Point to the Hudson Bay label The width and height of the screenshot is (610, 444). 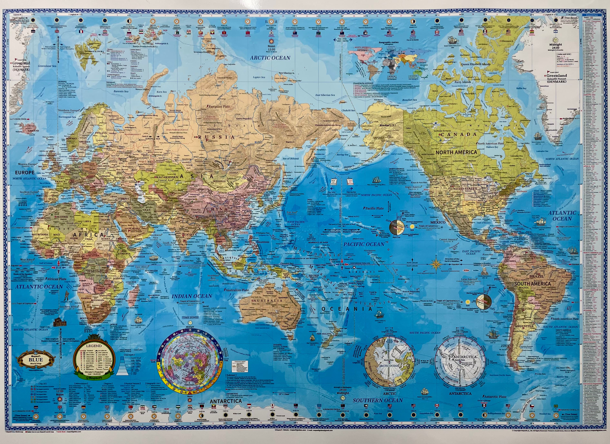tap(492, 147)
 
